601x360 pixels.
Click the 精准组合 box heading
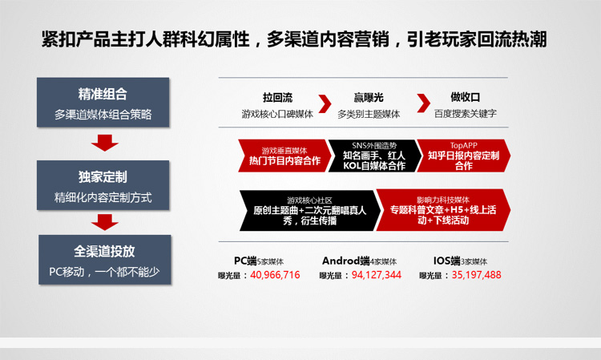pyautogui.click(x=103, y=94)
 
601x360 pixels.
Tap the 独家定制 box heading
pyautogui.click(x=103, y=176)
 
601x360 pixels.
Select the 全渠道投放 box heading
pyautogui.click(x=104, y=251)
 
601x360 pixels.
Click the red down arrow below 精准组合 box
pyautogui.click(x=105, y=143)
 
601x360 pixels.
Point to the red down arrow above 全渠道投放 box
pyautogui.click(x=105, y=222)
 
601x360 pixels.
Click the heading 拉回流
pyautogui.click(x=277, y=97)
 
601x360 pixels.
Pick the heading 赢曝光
pyautogui.click(x=369, y=97)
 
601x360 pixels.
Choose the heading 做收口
pyautogui.click(x=465, y=97)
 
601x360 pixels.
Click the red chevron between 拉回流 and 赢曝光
pyautogui.click(x=325, y=103)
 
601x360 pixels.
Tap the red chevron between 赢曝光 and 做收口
pyautogui.click(x=423, y=103)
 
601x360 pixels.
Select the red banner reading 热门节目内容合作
pyautogui.click(x=284, y=156)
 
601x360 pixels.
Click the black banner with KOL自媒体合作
pyautogui.click(x=374, y=156)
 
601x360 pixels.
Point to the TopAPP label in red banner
pyautogui.click(x=463, y=146)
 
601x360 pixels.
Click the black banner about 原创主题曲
pyautogui.click(x=309, y=211)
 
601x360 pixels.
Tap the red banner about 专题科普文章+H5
pyautogui.click(x=443, y=210)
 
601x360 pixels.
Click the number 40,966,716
pyautogui.click(x=275, y=275)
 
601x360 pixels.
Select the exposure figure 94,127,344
pyautogui.click(x=377, y=275)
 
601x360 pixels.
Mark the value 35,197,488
pyautogui.click(x=477, y=275)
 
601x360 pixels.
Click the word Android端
pyautogui.click(x=345, y=261)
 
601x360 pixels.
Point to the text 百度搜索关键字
pyautogui.click(x=466, y=114)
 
